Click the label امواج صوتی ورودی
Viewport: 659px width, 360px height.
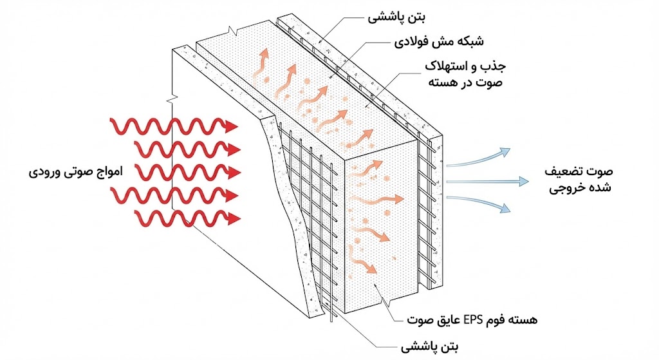pyautogui.click(x=76, y=173)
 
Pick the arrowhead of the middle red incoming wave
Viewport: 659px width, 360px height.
pyautogui.click(x=233, y=172)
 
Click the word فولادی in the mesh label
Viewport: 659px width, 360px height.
pyautogui.click(x=410, y=44)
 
